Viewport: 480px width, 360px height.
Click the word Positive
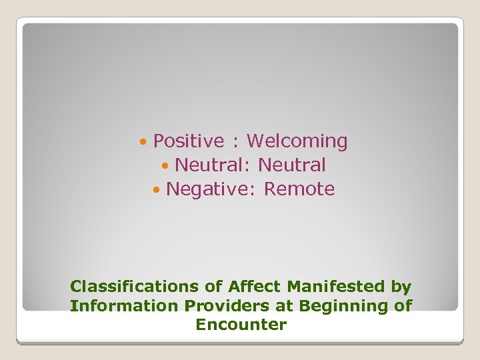coord(189,141)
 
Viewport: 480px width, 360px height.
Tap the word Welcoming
coord(297,141)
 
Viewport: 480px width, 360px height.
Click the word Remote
coord(299,189)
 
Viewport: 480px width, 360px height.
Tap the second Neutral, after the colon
coord(292,165)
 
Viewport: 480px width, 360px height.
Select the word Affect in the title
coord(255,287)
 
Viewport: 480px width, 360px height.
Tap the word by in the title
coord(401,287)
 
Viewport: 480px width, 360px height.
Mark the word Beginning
coord(341,307)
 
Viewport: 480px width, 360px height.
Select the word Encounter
coord(241,325)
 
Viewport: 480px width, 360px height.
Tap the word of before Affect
coord(213,287)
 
